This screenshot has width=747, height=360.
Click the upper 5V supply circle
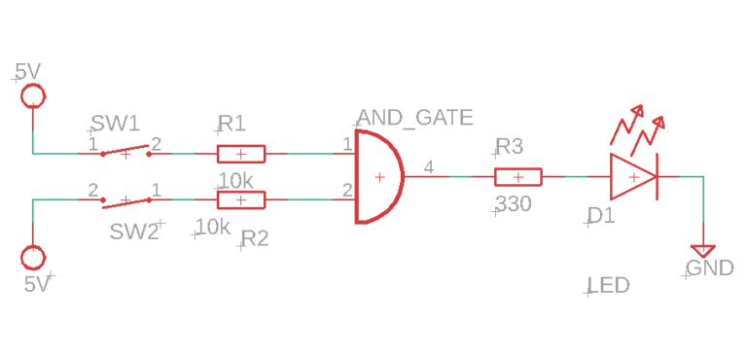coord(33,95)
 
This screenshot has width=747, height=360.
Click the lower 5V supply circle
coord(33,258)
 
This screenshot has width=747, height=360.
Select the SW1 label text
coord(116,124)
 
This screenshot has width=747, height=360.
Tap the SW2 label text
coord(134,232)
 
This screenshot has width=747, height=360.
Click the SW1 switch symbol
coord(125,152)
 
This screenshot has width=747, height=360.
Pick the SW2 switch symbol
coord(125,200)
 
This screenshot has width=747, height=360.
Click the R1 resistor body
coord(240,153)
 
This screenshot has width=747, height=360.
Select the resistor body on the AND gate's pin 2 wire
coord(240,200)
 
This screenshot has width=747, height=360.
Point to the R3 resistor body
coord(518,177)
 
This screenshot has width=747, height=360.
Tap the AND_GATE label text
coord(415,119)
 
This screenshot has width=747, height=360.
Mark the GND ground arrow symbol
coord(701,251)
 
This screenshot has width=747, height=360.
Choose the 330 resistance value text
coord(514,205)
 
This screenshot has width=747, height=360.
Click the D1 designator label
coord(601,216)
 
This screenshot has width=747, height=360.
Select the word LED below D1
coord(609,285)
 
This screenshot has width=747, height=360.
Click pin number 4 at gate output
coord(429,165)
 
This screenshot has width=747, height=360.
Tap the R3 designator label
coord(510,147)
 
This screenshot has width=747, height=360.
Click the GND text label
coord(710,269)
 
